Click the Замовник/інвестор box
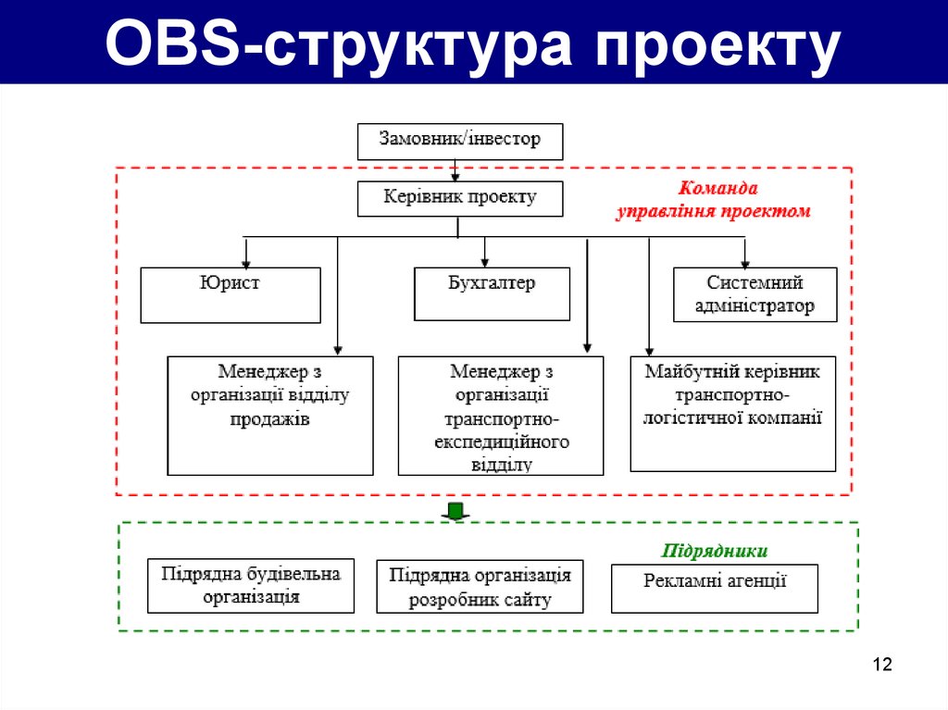pyautogui.click(x=460, y=141)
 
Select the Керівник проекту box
pyautogui.click(x=460, y=198)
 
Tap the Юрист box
pyautogui.click(x=231, y=294)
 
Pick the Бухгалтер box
pyautogui.click(x=492, y=294)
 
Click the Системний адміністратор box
pyautogui.click(x=755, y=294)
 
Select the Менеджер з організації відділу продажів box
pyautogui.click(x=270, y=415)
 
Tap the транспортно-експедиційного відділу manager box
pyautogui.click(x=501, y=415)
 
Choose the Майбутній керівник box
pyautogui.click(x=732, y=413)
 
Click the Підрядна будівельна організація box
pyautogui.click(x=251, y=586)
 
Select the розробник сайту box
pyautogui.click(x=480, y=587)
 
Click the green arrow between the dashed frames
pyautogui.click(x=455, y=511)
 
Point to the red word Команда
pyautogui.click(x=719, y=188)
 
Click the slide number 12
pyautogui.click(x=881, y=665)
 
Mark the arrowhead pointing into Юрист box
pyautogui.click(x=246, y=261)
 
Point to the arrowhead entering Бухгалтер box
pyautogui.click(x=484, y=261)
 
